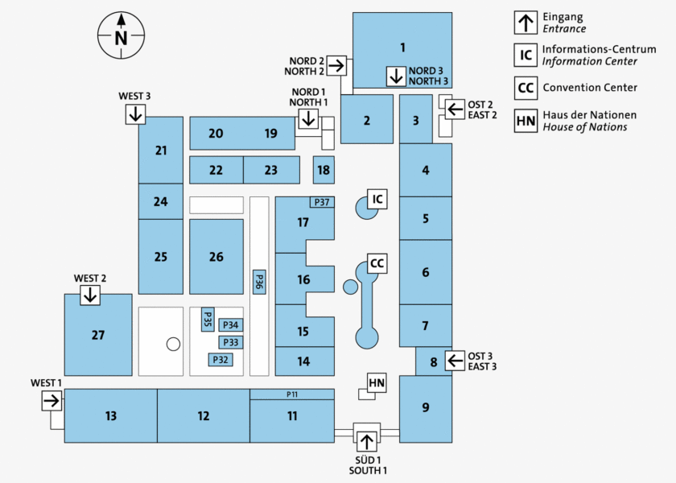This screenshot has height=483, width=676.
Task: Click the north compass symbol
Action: coord(121,36)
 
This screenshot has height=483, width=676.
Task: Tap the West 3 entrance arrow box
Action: coord(135,114)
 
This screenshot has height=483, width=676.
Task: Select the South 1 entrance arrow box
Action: coord(367,440)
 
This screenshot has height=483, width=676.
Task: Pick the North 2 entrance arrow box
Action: coord(336,64)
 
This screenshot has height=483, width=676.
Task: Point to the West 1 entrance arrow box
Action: coord(52,400)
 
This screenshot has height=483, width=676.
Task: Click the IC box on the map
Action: coord(376,199)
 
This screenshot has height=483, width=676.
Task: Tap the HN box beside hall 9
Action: coord(377,383)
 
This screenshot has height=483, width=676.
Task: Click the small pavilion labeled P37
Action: coord(322,202)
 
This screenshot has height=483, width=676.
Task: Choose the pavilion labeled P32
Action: coord(221,360)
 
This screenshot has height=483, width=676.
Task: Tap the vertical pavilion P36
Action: coord(259,282)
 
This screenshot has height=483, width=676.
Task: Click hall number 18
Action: coord(324,170)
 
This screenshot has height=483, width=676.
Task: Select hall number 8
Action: coord(434,361)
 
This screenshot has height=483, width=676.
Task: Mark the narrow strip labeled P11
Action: coord(292,394)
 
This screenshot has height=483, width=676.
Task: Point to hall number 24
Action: coord(161,201)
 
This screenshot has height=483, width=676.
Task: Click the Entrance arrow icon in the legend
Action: coord(526,22)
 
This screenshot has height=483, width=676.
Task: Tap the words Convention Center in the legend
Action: coord(590,87)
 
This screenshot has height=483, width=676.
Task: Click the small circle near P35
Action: coord(173,345)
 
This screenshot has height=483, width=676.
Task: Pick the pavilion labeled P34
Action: coord(231,325)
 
